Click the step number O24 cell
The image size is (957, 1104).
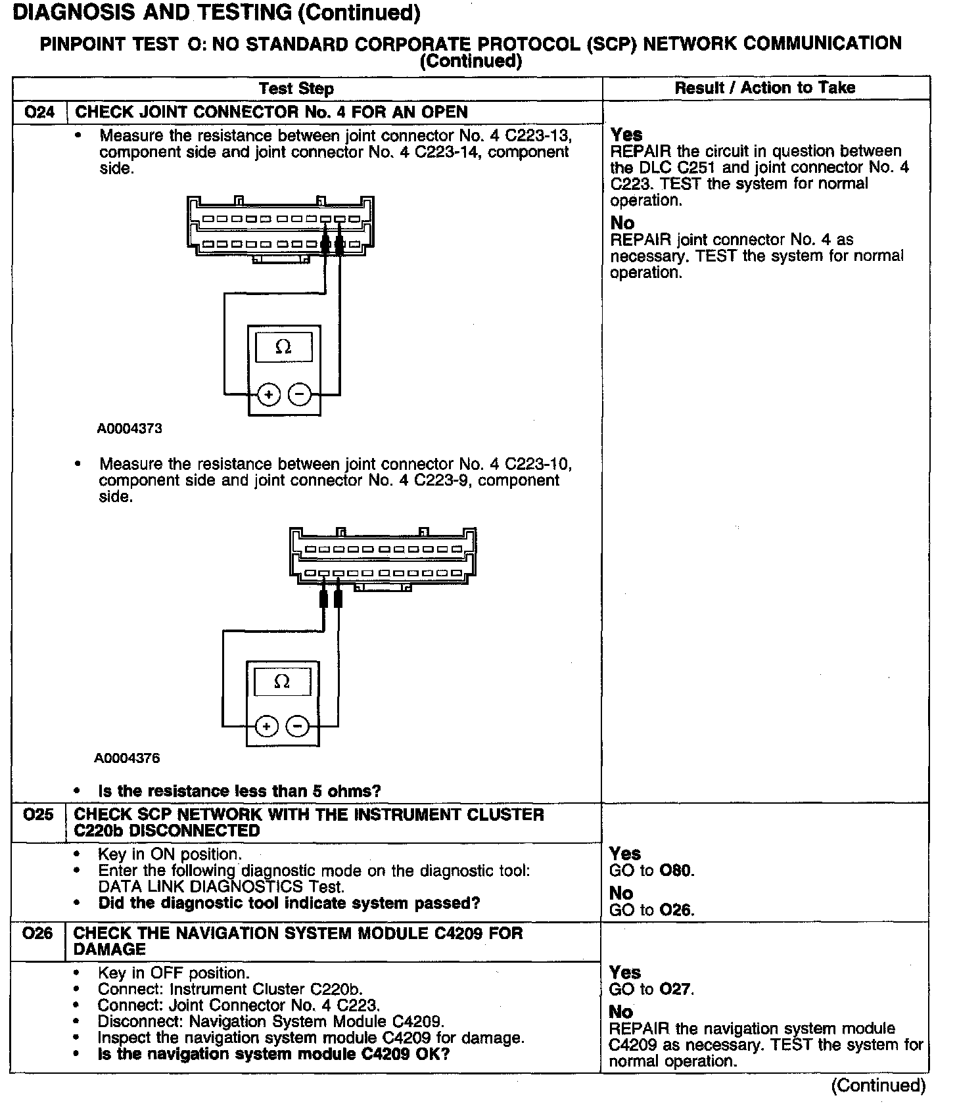(x=39, y=112)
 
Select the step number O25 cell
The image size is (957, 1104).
(x=38, y=815)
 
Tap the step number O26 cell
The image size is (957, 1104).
(x=37, y=933)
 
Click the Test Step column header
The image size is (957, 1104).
(x=296, y=89)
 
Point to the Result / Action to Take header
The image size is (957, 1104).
(x=765, y=88)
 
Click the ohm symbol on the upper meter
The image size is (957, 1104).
(x=283, y=347)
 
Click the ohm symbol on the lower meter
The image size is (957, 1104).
(x=281, y=681)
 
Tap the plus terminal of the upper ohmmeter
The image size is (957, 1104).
(x=268, y=394)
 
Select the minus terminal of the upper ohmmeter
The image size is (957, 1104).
(x=300, y=394)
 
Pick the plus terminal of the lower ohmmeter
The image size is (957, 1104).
(x=266, y=726)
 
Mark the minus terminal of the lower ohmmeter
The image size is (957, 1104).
(x=298, y=726)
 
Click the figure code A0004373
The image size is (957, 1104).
(x=129, y=429)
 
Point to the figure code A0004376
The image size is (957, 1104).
(x=127, y=758)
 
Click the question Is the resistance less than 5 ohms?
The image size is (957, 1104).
(x=239, y=791)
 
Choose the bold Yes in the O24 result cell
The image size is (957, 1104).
(x=626, y=135)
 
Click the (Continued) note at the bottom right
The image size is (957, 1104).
(x=878, y=1086)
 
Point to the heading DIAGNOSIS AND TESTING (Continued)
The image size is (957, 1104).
(x=216, y=12)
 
